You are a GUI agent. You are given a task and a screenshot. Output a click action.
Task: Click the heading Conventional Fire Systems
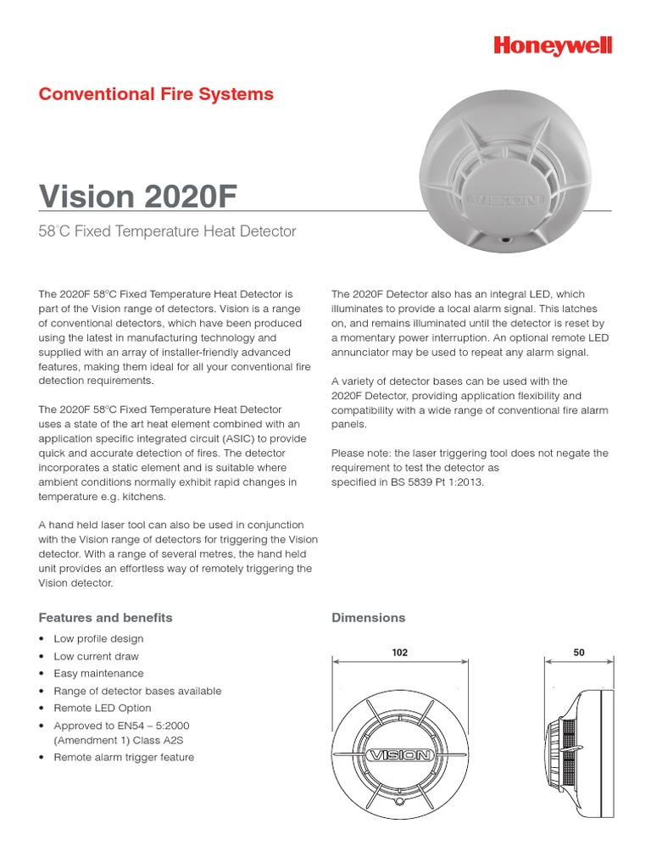(156, 94)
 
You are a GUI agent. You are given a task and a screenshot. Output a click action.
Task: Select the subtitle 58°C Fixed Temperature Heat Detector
(167, 231)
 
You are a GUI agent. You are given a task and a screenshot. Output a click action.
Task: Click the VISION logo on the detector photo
(505, 200)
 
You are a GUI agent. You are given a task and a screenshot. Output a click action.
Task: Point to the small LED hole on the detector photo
(506, 241)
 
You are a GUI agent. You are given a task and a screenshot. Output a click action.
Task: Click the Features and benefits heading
(105, 617)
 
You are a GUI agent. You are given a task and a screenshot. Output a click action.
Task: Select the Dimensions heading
(368, 617)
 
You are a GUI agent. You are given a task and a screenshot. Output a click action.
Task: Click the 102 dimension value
(400, 653)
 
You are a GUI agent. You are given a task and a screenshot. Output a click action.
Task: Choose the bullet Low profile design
(98, 638)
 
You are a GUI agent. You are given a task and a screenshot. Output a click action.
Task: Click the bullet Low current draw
(96, 656)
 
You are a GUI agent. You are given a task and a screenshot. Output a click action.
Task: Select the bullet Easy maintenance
(98, 673)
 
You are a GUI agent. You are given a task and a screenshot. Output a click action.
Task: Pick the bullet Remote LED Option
(102, 708)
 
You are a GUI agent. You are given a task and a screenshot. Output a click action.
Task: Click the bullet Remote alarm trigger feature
(124, 757)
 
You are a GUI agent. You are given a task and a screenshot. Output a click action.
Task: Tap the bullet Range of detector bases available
(137, 691)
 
